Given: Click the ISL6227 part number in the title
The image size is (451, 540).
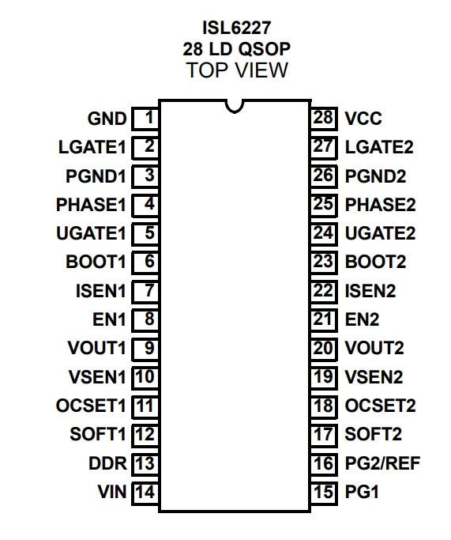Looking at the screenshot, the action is (x=237, y=28).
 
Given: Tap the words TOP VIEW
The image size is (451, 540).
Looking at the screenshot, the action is (x=237, y=70).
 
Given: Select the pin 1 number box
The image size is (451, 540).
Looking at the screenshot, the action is (x=145, y=119).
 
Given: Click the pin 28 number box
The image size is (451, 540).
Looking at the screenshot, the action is (x=324, y=119).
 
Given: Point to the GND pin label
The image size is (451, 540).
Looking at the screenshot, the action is (x=107, y=119).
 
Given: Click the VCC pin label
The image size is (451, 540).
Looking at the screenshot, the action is (x=363, y=119).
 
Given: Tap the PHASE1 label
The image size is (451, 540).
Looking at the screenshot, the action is (x=91, y=205).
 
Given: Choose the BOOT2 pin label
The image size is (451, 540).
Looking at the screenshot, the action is (x=375, y=262).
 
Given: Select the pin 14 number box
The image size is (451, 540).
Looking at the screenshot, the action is (x=145, y=492).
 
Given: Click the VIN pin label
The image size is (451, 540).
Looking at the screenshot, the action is (x=112, y=492).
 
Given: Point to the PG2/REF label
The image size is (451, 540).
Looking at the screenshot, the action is (x=382, y=463).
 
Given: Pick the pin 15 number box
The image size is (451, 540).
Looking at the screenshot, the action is (x=324, y=492).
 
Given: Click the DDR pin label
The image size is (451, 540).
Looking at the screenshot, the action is (x=107, y=463).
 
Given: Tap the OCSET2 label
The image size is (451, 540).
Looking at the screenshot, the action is (x=380, y=406).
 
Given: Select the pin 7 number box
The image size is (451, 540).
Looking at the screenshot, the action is (x=145, y=291).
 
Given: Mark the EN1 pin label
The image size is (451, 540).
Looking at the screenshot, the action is (x=110, y=319).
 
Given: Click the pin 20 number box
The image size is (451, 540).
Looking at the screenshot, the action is (x=324, y=349).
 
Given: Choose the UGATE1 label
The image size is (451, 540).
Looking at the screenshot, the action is (x=91, y=233).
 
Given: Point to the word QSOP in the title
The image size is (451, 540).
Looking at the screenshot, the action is (x=264, y=49).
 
